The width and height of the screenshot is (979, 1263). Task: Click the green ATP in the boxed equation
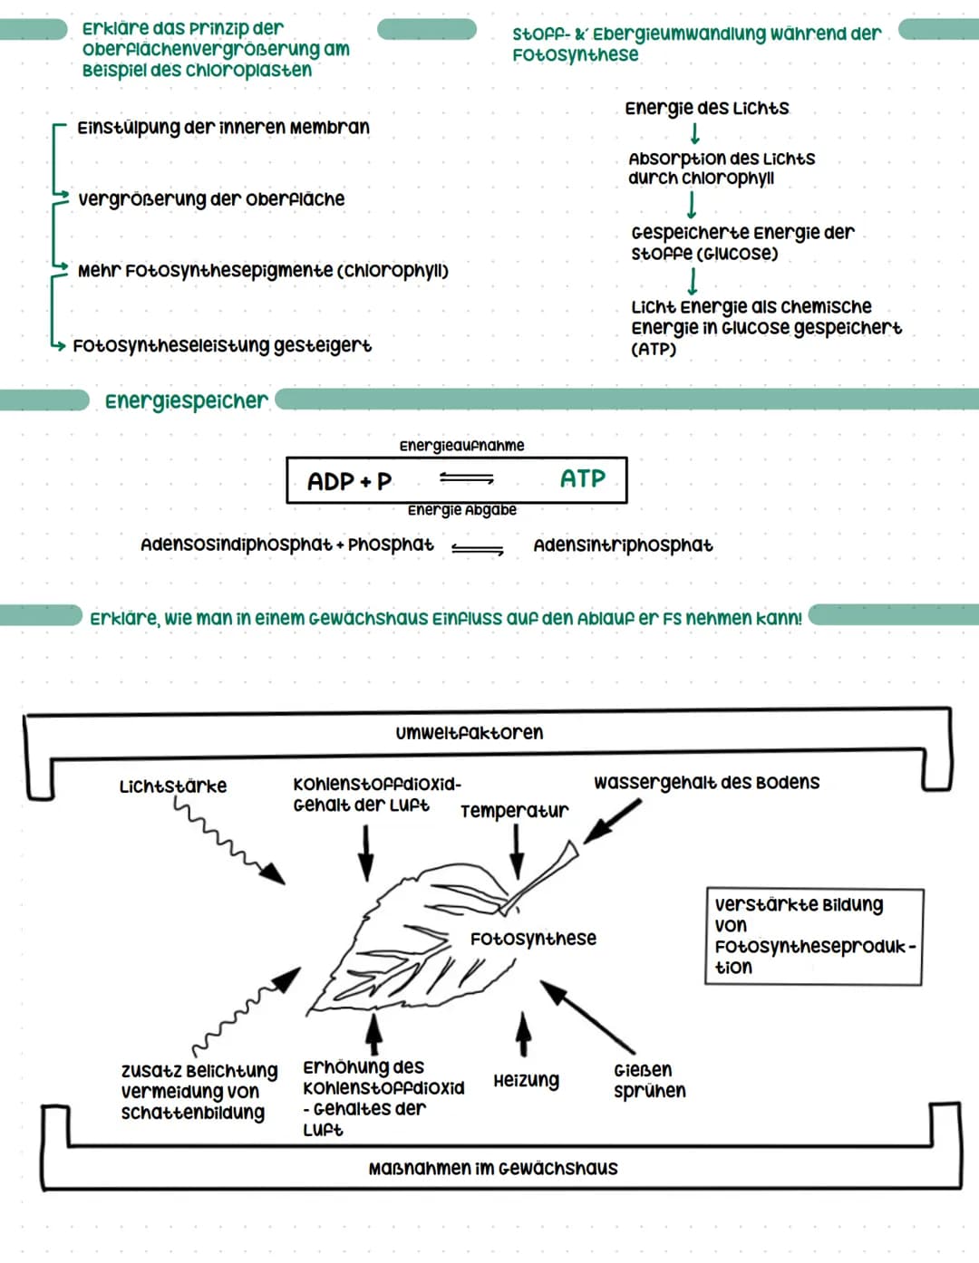click(583, 478)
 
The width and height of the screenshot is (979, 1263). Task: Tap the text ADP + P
click(349, 481)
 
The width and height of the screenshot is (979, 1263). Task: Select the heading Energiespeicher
click(187, 401)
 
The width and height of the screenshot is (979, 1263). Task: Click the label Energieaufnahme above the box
click(461, 445)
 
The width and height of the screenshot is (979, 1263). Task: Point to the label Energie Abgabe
click(462, 510)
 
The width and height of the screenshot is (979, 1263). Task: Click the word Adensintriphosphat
click(624, 545)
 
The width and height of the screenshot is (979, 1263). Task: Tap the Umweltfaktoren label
click(470, 732)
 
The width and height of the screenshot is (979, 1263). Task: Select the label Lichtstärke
click(172, 786)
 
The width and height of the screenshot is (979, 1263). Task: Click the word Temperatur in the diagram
click(515, 811)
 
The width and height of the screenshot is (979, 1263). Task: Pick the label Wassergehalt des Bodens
click(706, 782)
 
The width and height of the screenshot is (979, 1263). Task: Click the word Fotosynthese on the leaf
click(533, 938)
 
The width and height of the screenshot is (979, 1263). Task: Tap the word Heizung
click(526, 1081)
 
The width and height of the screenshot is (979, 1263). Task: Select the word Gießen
click(643, 1070)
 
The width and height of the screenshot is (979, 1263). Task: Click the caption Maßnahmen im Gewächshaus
click(493, 1168)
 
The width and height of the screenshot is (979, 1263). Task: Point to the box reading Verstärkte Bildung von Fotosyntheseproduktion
click(814, 936)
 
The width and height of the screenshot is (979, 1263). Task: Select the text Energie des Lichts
click(707, 108)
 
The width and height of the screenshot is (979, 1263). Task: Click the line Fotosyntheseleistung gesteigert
click(222, 346)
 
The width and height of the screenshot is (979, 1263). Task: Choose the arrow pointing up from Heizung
click(524, 1034)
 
